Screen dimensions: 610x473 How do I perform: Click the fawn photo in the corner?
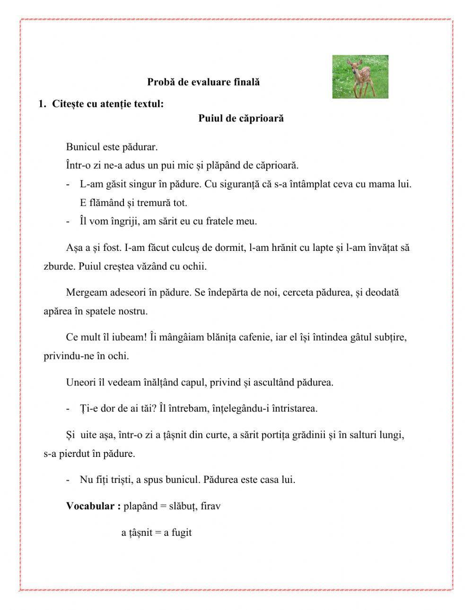pyautogui.click(x=360, y=77)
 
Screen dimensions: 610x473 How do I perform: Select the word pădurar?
pyautogui.click(x=140, y=147)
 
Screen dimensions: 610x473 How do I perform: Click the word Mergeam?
pyautogui.click(x=87, y=292)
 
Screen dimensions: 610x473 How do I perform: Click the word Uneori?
pyautogui.click(x=81, y=382)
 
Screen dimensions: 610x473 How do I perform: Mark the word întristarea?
pyautogui.click(x=293, y=408)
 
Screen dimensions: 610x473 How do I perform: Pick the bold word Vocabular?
pyautogui.click(x=90, y=506)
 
